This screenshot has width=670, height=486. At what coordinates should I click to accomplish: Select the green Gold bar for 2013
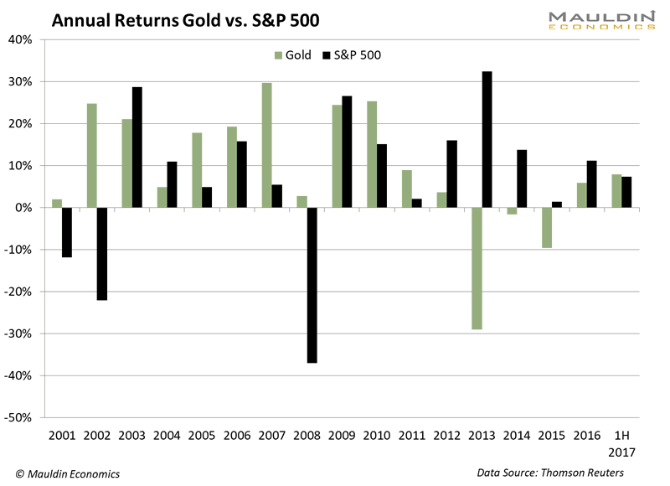click(476, 268)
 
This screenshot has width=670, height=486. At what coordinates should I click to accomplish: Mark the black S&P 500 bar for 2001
click(66, 232)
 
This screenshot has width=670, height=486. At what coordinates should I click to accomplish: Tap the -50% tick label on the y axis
click(18, 417)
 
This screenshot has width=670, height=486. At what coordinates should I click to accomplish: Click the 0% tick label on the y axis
click(23, 208)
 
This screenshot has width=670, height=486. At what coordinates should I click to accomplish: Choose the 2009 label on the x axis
click(342, 436)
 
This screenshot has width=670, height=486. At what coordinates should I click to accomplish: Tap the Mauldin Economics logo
click(602, 19)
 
